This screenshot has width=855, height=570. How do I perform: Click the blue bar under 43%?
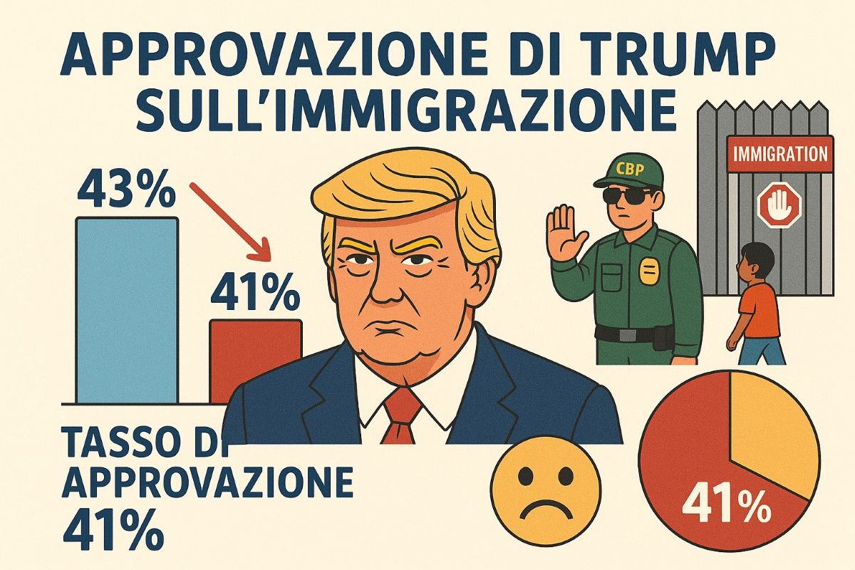(x=126, y=310)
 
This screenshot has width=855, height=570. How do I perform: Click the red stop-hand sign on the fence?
(x=779, y=207)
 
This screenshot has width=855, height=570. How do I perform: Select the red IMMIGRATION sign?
(x=779, y=153)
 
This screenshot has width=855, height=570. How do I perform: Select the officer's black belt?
(x=634, y=333)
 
